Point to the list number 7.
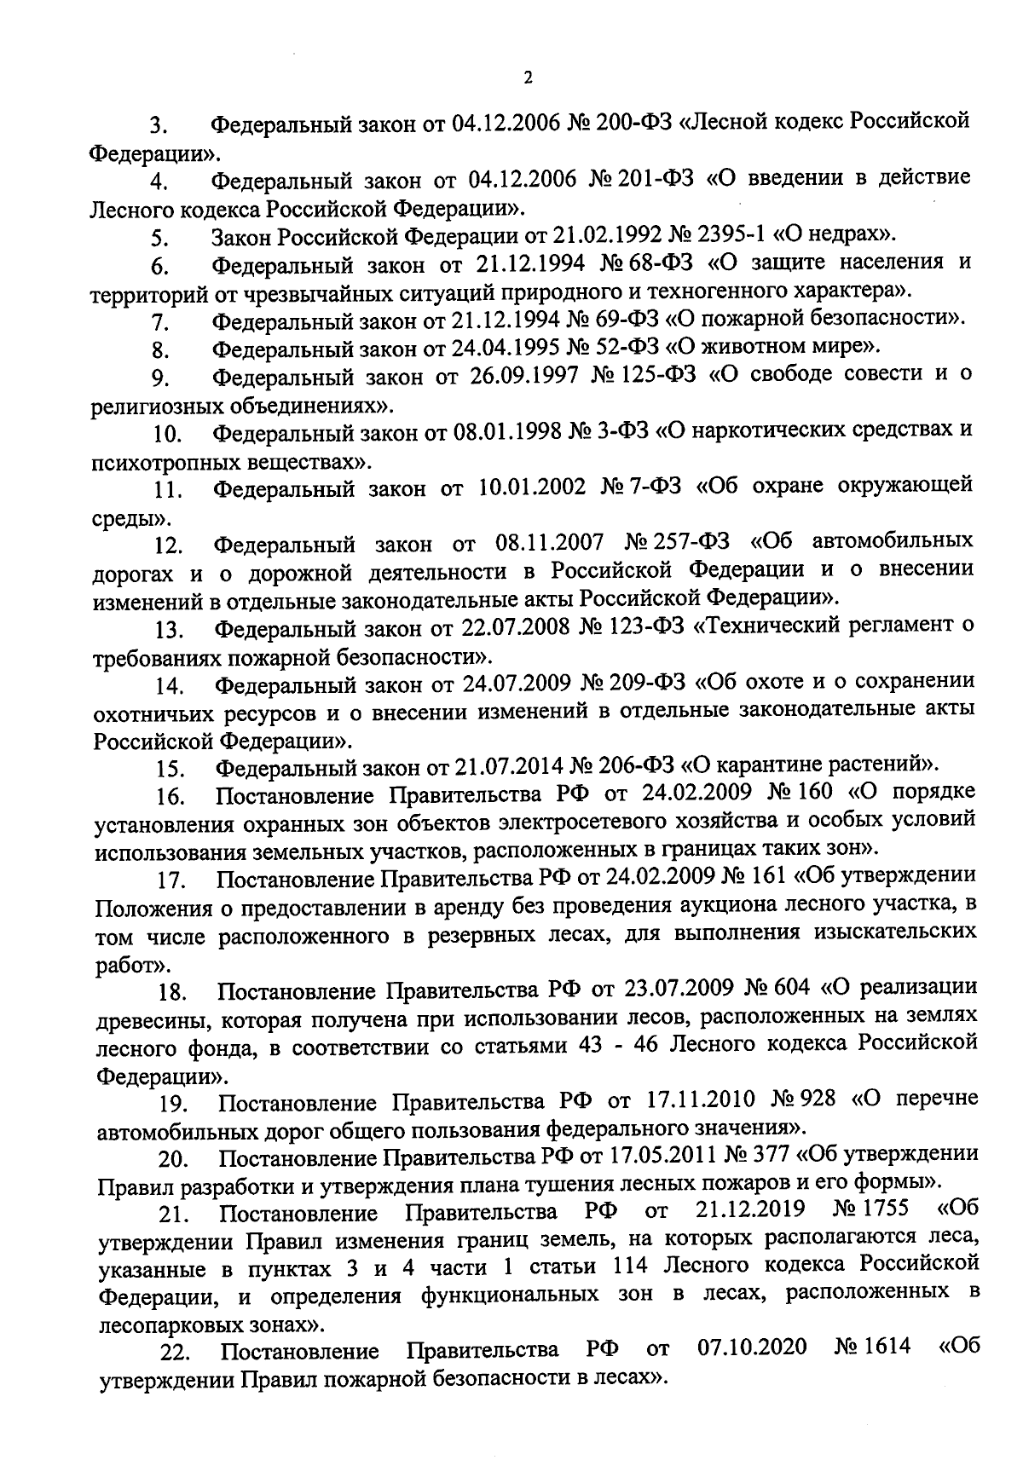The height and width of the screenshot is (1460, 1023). pos(159,323)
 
